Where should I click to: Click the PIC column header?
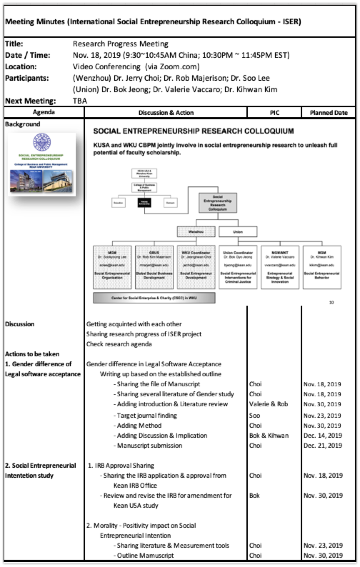point(274,112)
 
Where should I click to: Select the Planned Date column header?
point(329,112)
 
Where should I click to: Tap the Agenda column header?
point(44,112)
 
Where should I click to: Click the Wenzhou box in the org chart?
point(196,232)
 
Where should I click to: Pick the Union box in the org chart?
point(238,232)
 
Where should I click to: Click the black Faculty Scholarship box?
point(145,202)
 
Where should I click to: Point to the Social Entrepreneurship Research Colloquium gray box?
point(217,203)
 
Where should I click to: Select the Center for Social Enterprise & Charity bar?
point(154,298)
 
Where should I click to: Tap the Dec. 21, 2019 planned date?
point(322,445)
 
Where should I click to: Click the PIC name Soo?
point(255,415)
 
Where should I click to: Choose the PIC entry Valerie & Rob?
point(268,404)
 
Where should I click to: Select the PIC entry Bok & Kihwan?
point(269,435)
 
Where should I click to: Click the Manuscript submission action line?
point(149,445)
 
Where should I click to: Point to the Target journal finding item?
point(146,415)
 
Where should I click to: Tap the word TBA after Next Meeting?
point(80,101)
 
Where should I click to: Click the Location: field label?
point(21,67)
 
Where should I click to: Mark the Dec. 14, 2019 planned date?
point(322,435)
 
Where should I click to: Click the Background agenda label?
point(22,124)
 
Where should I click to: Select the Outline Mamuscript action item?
point(145,555)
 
